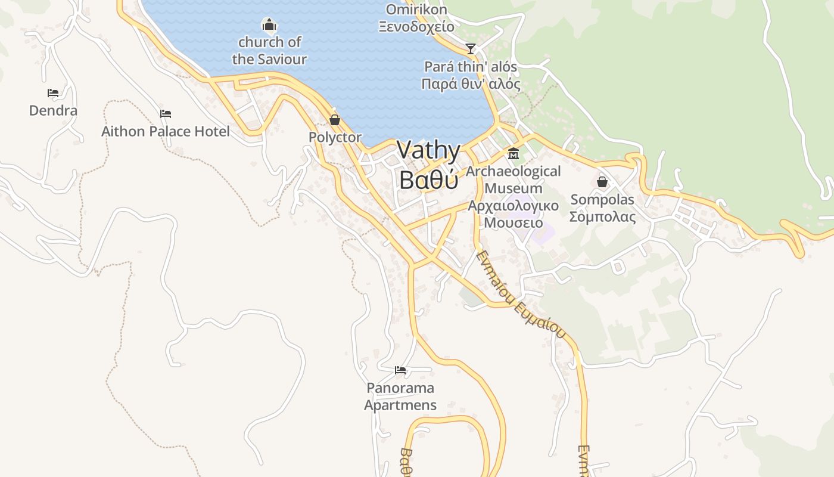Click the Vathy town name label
pos(429,150)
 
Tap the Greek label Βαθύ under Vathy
pos(429,179)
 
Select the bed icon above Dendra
pos(53,93)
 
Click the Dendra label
pos(53,111)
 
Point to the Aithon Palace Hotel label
pos(166,132)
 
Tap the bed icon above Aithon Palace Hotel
pos(166,114)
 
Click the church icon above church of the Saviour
pos(269,25)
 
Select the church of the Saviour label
pos(269,51)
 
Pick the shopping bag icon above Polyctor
pos(335,120)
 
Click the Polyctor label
pos(335,138)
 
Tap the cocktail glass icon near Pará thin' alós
pos(471,48)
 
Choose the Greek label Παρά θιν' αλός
pos(471,84)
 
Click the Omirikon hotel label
pos(416,10)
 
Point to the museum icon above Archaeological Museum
pos(513,154)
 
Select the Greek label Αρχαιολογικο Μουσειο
pos(513,215)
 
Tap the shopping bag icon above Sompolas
pos(602,182)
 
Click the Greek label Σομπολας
pos(602,217)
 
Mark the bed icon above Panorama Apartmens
pos(400,370)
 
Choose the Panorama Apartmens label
pos(400,397)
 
